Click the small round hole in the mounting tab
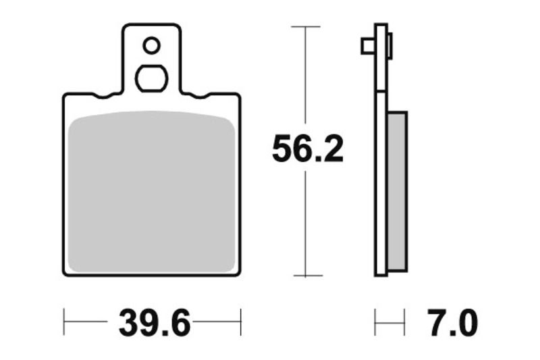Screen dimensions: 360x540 tap(151, 45)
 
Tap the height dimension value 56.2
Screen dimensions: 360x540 tap(307, 149)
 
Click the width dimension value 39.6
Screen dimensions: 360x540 tap(153, 324)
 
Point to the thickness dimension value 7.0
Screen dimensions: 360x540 tap(452, 324)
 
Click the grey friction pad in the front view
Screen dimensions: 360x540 tap(153, 192)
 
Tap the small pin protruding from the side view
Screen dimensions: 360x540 tap(368, 45)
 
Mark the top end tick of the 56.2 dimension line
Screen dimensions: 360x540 tap(306, 26)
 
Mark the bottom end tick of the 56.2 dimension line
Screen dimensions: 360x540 tap(306, 276)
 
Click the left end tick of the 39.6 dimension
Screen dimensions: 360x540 tap(64, 322)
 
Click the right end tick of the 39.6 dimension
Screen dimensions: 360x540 tap(240, 322)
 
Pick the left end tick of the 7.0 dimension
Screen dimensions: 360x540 tap(375, 322)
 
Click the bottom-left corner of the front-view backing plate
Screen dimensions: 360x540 tap(65, 274)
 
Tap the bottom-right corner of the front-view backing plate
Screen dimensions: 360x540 tap(238, 274)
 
